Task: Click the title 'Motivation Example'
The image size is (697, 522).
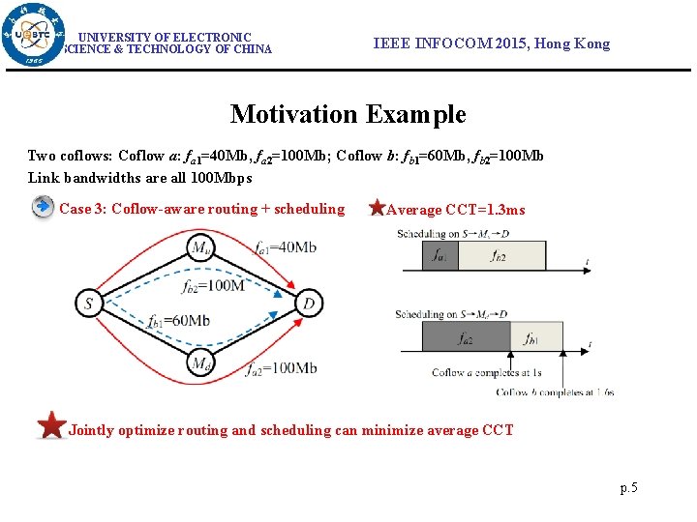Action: (x=348, y=114)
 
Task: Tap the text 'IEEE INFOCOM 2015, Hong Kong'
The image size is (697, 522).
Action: (x=492, y=43)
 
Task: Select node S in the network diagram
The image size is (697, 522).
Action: (x=89, y=304)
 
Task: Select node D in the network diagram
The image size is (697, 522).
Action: (x=308, y=304)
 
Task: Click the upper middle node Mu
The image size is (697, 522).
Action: (x=200, y=246)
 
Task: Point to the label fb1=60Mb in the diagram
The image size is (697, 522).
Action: (x=178, y=320)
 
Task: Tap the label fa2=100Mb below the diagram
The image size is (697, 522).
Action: (x=281, y=368)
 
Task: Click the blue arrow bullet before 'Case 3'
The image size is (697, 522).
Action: (x=42, y=208)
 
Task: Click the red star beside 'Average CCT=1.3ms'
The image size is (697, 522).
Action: (x=378, y=209)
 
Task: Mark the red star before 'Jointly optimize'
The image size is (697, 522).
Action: (x=50, y=425)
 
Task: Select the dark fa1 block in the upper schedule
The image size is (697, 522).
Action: (x=439, y=256)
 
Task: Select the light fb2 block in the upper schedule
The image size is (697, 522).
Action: (x=500, y=256)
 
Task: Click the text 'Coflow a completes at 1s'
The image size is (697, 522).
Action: (x=486, y=373)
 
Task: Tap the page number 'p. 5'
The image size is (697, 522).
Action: (x=628, y=488)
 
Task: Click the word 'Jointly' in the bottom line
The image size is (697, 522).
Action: (x=91, y=430)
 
